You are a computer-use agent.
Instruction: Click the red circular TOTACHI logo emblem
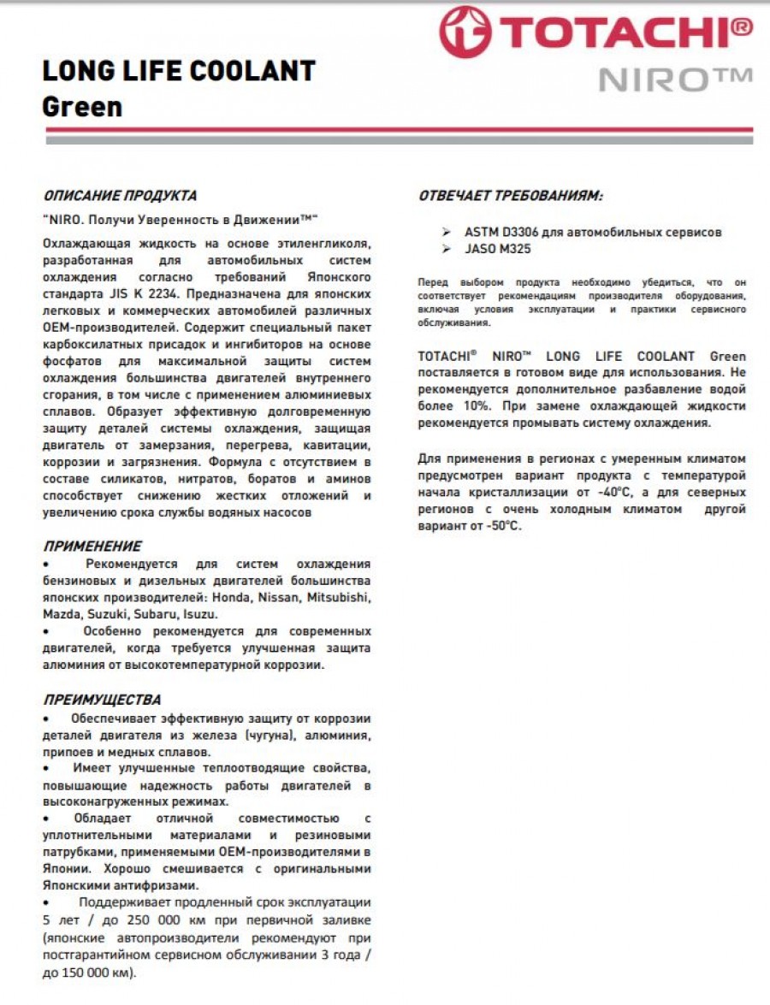pyautogui.click(x=462, y=32)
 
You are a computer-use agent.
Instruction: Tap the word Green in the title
pyautogui.click(x=82, y=108)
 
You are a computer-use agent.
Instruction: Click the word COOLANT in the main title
pyautogui.click(x=259, y=70)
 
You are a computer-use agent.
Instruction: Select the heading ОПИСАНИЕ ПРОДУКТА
pyautogui.click(x=120, y=196)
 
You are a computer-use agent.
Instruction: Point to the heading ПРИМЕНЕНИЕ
pyautogui.click(x=92, y=546)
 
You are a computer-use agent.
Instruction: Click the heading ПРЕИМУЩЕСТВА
pyautogui.click(x=102, y=700)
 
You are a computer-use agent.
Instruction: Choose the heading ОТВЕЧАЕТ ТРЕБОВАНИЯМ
pyautogui.click(x=510, y=196)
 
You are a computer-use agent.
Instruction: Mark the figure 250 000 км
pyautogui.click(x=161, y=920)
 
